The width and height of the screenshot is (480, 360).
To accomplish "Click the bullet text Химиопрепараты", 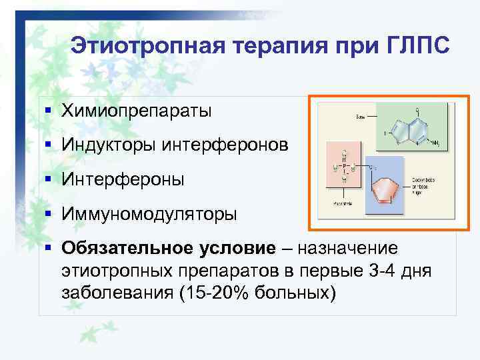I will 137,110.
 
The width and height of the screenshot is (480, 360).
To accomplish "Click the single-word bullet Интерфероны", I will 123,179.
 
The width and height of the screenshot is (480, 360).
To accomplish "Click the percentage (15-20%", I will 212,293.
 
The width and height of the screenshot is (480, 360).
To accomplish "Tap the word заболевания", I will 116,293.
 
